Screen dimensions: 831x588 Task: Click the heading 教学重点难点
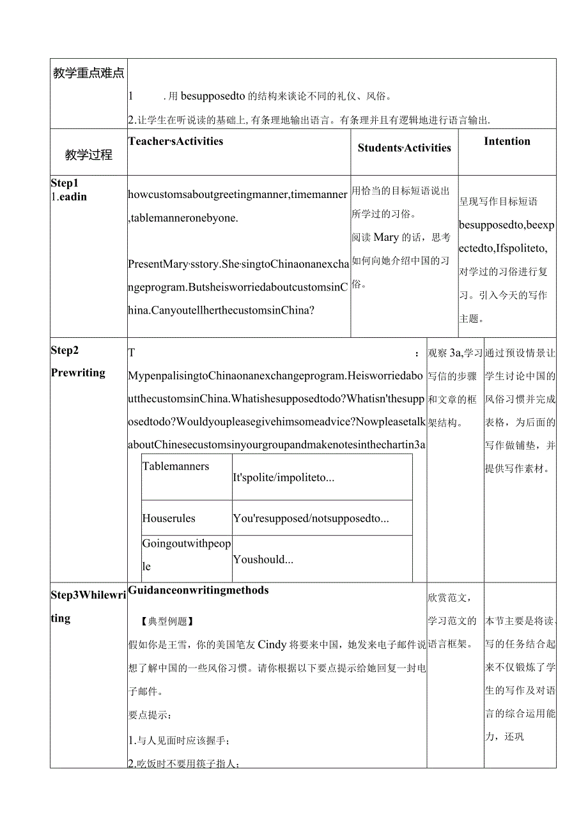point(88,73)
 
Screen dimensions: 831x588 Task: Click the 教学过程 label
point(88,155)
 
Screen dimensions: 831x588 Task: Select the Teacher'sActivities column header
point(176,141)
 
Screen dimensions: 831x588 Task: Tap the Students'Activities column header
point(404,148)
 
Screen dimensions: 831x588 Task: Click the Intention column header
point(507,141)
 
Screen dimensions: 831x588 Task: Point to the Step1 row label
point(65,183)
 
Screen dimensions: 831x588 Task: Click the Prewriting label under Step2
point(78,372)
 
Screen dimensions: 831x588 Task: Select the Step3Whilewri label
point(88,595)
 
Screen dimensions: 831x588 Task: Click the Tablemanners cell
point(176,466)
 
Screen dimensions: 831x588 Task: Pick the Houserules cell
point(169,518)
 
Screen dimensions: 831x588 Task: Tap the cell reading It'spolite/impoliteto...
point(284,477)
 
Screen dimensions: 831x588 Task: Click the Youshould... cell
point(263,559)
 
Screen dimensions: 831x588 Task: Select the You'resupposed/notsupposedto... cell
point(311,518)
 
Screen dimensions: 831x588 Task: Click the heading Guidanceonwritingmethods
point(198,590)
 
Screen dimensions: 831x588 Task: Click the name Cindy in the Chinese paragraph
point(272,644)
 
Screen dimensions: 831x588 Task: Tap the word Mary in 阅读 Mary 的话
point(386,237)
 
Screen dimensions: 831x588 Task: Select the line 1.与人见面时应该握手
point(179,740)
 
